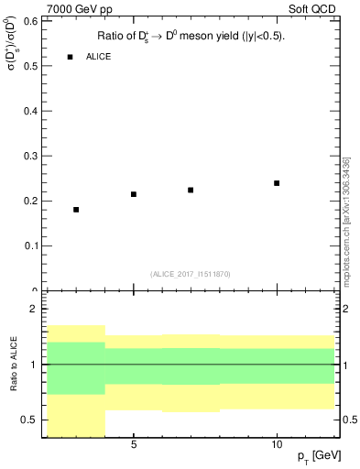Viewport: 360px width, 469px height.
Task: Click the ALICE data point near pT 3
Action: click(76, 210)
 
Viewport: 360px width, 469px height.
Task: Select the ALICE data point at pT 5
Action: click(134, 194)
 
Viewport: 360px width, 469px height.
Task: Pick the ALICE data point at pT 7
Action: click(191, 190)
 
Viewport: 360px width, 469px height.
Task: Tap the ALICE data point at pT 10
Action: click(277, 183)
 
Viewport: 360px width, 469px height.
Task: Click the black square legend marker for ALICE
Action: click(70, 57)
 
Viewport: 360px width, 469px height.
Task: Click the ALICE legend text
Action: click(99, 57)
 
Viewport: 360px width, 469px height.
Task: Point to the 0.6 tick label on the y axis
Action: click(29, 21)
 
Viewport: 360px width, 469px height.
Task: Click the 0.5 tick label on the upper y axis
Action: click(29, 66)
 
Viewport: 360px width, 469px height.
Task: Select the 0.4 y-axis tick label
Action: click(29, 111)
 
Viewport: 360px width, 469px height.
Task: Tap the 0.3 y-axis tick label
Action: click(29, 156)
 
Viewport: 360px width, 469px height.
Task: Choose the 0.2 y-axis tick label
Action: click(29, 201)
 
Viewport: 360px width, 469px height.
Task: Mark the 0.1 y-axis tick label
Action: click(29, 245)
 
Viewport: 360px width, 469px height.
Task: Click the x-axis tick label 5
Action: click(134, 444)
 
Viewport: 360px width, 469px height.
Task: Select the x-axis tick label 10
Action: click(277, 444)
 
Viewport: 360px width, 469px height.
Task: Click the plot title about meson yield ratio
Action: click(191, 37)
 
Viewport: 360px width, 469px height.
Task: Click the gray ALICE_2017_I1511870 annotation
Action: click(191, 274)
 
